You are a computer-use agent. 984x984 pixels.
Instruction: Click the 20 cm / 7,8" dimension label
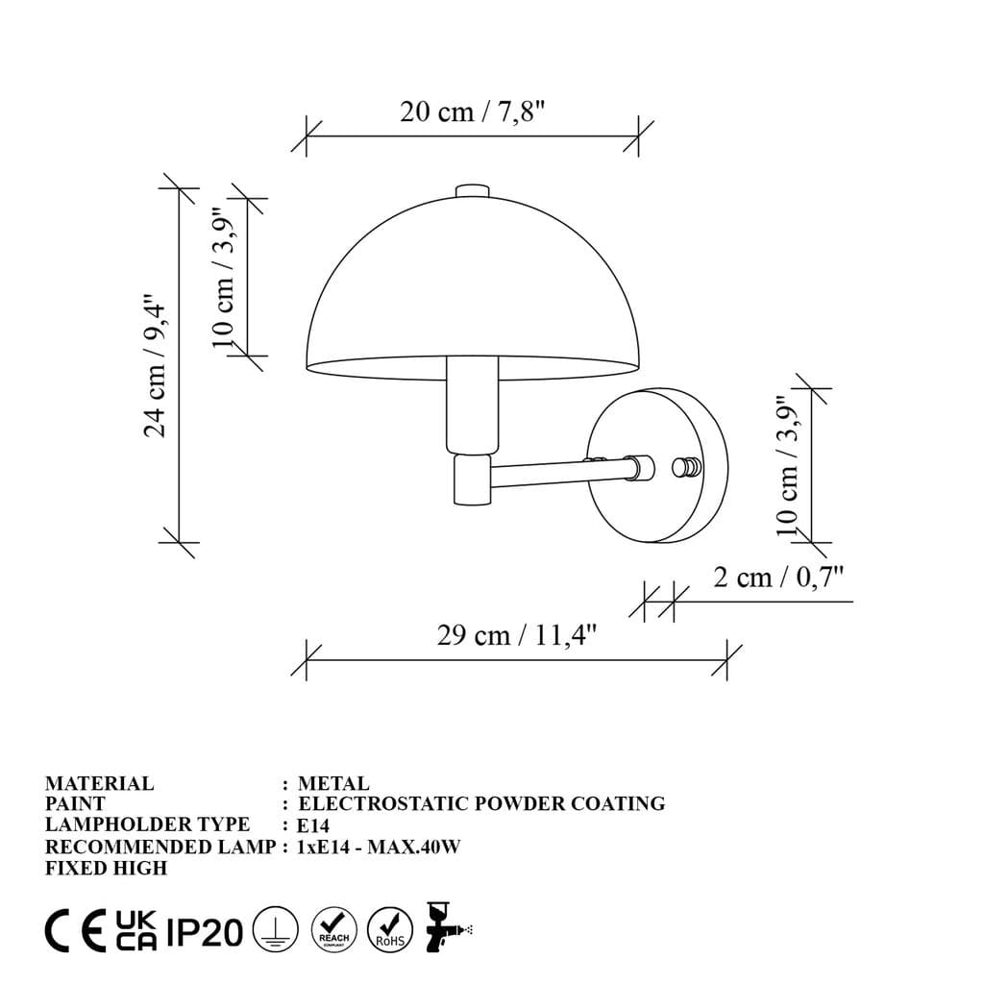pos(472,112)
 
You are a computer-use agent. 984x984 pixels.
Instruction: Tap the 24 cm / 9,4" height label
pos(157,365)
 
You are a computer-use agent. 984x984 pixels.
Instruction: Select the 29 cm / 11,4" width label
pos(517,636)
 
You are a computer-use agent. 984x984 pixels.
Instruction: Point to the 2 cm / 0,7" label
pos(778,578)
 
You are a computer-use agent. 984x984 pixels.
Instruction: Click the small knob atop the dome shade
pos(471,190)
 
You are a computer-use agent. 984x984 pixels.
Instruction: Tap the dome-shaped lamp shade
pos(471,288)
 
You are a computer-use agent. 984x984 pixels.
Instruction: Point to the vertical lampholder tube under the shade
pos(473,404)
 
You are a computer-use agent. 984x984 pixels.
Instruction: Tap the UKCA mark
pos(135,931)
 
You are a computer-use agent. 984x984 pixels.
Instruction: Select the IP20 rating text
pos(205,932)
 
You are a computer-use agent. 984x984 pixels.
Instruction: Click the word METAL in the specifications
pos(333,784)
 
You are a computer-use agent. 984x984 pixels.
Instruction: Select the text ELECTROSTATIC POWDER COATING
pos(481,804)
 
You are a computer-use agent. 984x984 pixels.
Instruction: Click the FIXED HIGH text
pos(106,868)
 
